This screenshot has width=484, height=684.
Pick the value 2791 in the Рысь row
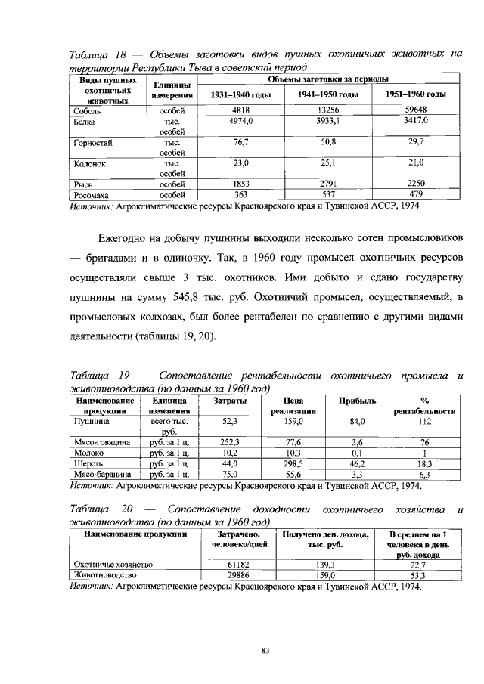point(328,184)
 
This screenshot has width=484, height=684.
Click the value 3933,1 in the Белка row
point(328,120)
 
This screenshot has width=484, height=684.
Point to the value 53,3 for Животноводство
point(417,574)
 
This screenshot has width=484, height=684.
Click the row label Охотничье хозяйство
point(113,564)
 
